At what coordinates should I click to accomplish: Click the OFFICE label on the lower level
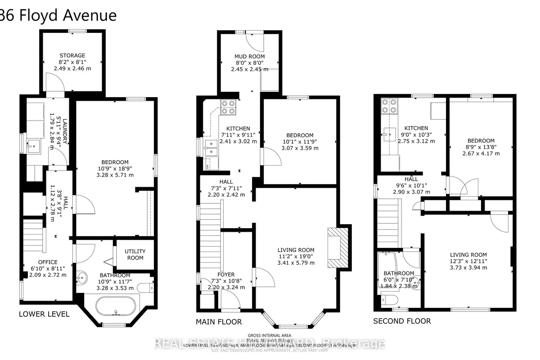[48, 262]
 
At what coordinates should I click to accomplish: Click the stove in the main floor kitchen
[229, 107]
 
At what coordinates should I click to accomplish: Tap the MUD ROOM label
[250, 56]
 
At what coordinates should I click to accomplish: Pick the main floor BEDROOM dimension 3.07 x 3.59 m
[300, 148]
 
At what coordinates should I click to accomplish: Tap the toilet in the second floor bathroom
[387, 299]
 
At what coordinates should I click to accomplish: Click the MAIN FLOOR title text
[219, 322]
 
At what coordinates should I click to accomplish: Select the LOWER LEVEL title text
[45, 314]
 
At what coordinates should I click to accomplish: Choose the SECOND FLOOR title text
[402, 321]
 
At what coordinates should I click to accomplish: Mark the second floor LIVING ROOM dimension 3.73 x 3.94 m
[468, 267]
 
